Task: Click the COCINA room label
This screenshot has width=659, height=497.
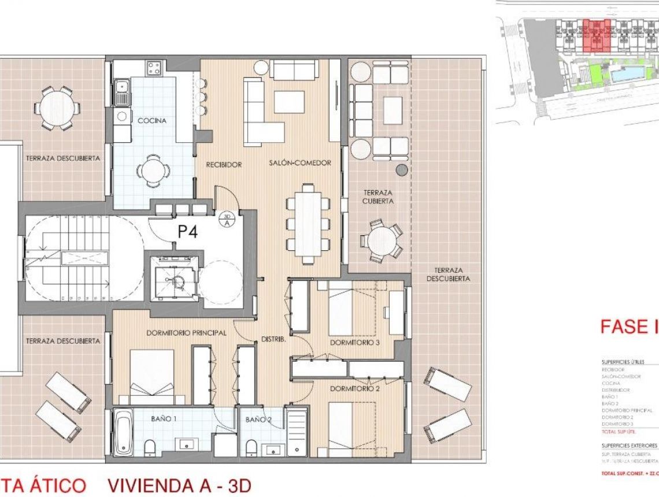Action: pos(152,121)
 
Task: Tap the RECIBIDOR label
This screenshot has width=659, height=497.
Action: pos(224,165)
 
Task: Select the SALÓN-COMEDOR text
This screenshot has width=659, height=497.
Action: pos(300,164)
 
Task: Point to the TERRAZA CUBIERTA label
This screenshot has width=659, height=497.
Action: pos(379,196)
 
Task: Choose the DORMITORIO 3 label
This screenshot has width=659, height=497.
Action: pos(355,343)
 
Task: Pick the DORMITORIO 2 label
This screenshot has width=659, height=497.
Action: pos(355,389)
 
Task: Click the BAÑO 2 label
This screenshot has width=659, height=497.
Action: pos(258,420)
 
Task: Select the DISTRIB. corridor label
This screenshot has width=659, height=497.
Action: pos(273,340)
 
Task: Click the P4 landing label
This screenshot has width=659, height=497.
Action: pos(188,232)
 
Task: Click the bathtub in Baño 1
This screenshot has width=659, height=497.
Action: pos(123,433)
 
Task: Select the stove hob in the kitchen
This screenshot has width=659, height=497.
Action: pos(153,69)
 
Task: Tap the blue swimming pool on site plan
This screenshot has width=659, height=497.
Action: pos(627,74)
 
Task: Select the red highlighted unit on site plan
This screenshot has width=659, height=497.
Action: pos(596,35)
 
